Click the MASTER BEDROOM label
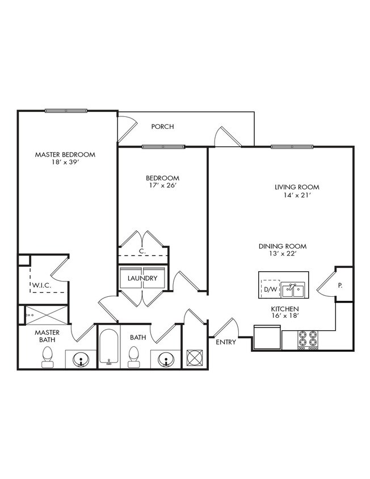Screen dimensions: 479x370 (x=65, y=154)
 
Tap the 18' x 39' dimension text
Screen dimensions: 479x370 (x=65, y=162)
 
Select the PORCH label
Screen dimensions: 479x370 (x=162, y=127)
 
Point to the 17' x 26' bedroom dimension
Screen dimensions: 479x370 (x=162, y=186)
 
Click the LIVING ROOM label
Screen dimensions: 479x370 (x=297, y=187)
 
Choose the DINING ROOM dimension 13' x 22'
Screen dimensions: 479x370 (x=283, y=254)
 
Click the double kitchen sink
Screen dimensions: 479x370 (x=293, y=290)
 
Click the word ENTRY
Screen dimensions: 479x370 (x=225, y=342)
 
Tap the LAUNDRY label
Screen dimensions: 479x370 (x=142, y=278)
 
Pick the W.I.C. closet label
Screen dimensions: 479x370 (x=41, y=285)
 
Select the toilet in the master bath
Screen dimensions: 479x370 (x=48, y=356)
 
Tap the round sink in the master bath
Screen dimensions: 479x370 (x=81, y=359)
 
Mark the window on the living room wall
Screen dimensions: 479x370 (x=291, y=147)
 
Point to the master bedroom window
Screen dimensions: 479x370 (x=66, y=110)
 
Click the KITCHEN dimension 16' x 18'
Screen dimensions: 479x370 (x=285, y=317)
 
